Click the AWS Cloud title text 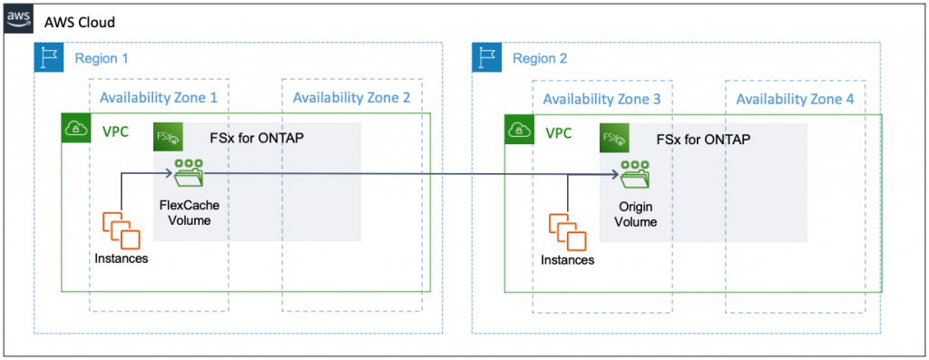81,21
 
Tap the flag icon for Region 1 48,57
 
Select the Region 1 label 102,58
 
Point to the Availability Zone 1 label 159,97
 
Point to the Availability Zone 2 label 352,97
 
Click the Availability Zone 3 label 601,97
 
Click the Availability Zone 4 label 795,97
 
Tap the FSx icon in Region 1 168,138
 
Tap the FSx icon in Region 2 614,138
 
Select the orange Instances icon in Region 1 121,229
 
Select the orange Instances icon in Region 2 567,229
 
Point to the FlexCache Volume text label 189,212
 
